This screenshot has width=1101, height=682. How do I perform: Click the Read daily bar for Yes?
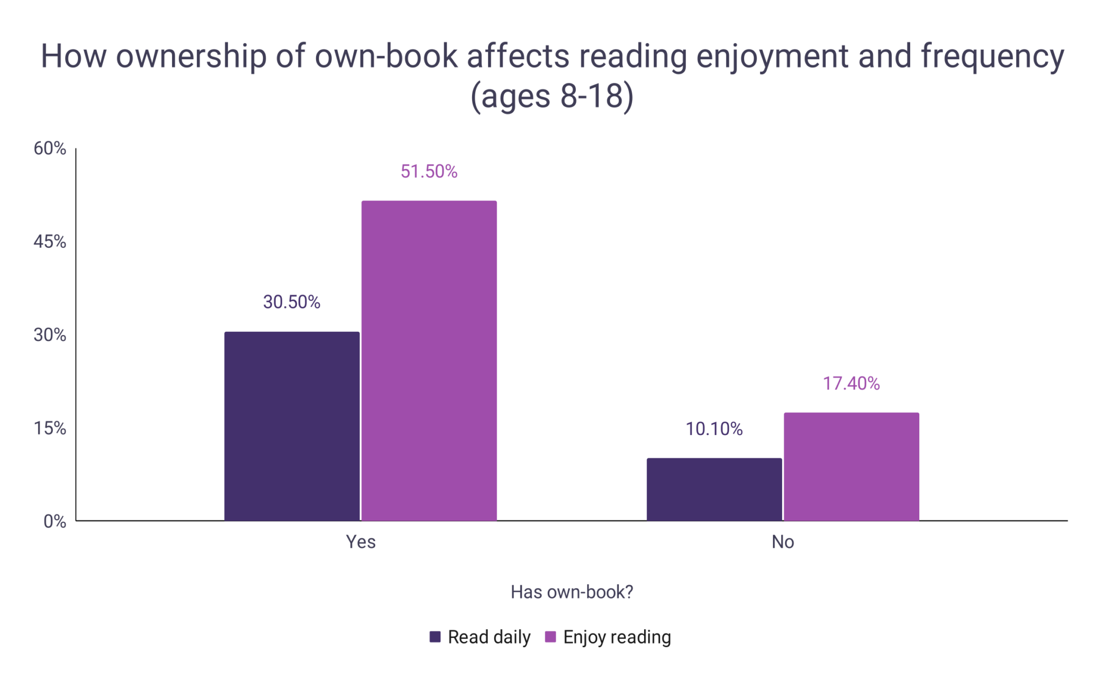291,426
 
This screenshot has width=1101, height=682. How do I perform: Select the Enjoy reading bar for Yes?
428,360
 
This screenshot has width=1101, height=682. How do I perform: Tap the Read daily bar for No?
714,489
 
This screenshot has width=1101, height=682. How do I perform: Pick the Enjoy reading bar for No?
851,466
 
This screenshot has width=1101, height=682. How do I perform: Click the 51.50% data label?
428,172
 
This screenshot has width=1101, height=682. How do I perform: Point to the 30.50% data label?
291,302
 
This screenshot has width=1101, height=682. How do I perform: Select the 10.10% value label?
714,429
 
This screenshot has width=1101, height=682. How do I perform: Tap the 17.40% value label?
851,383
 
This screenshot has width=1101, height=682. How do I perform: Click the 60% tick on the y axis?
49,148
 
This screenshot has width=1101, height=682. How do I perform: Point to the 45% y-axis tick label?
49,242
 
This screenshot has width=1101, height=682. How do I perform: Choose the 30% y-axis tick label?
49,335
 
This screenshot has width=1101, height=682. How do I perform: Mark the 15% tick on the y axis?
49,428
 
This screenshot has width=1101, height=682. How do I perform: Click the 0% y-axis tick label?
54,521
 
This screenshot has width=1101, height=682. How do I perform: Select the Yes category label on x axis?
360,542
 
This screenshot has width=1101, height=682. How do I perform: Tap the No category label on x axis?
782,542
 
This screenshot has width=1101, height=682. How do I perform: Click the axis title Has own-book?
571,592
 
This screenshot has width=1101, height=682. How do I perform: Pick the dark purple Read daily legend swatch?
435,637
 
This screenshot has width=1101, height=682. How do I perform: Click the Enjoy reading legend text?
617,637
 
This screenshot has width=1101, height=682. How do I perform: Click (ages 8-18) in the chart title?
552,97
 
